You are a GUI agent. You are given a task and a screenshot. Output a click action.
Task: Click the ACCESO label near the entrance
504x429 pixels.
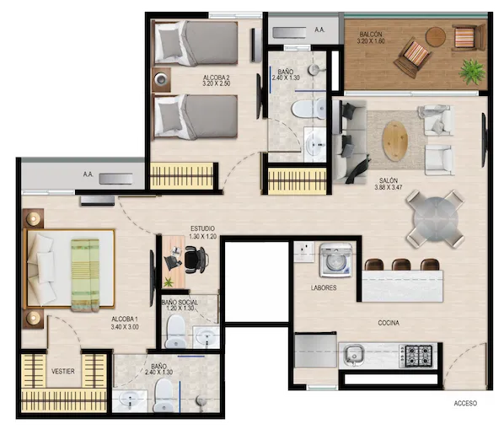tap(465, 403)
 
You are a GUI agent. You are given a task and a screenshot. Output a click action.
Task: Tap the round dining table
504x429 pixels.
tap(436, 219)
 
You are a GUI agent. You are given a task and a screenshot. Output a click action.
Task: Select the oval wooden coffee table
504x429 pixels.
tap(394, 141)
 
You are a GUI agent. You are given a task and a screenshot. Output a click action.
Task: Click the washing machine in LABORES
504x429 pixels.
tap(336, 260)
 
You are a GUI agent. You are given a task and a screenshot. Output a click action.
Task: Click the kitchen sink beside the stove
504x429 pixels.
tap(353, 355)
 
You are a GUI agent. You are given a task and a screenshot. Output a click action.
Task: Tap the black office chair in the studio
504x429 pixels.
tap(196, 260)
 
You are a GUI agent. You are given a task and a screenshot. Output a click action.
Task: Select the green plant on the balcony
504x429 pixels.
tap(471, 72)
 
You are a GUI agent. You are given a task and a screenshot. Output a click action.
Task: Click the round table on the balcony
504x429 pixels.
tap(436, 37)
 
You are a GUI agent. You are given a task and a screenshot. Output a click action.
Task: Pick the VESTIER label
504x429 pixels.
tap(63, 371)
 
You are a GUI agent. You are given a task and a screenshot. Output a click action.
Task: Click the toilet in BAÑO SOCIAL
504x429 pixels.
tap(175, 331)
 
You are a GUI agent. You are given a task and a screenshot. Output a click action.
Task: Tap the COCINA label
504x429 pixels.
tap(389, 323)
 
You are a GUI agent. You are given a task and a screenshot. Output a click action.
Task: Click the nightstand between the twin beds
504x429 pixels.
tap(161, 79)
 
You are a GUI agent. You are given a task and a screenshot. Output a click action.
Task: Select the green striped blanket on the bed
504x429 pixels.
tap(85, 275)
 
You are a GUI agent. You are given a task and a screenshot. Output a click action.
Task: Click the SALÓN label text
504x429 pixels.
tap(389, 180)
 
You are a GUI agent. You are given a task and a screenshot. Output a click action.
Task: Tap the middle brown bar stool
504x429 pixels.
tap(401, 265)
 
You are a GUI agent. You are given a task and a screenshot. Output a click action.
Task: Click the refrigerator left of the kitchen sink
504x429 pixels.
tap(315, 351)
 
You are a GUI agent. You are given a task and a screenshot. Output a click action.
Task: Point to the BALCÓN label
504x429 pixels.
tap(371, 34)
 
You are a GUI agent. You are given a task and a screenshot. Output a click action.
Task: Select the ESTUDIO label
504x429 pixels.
tap(202, 228)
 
